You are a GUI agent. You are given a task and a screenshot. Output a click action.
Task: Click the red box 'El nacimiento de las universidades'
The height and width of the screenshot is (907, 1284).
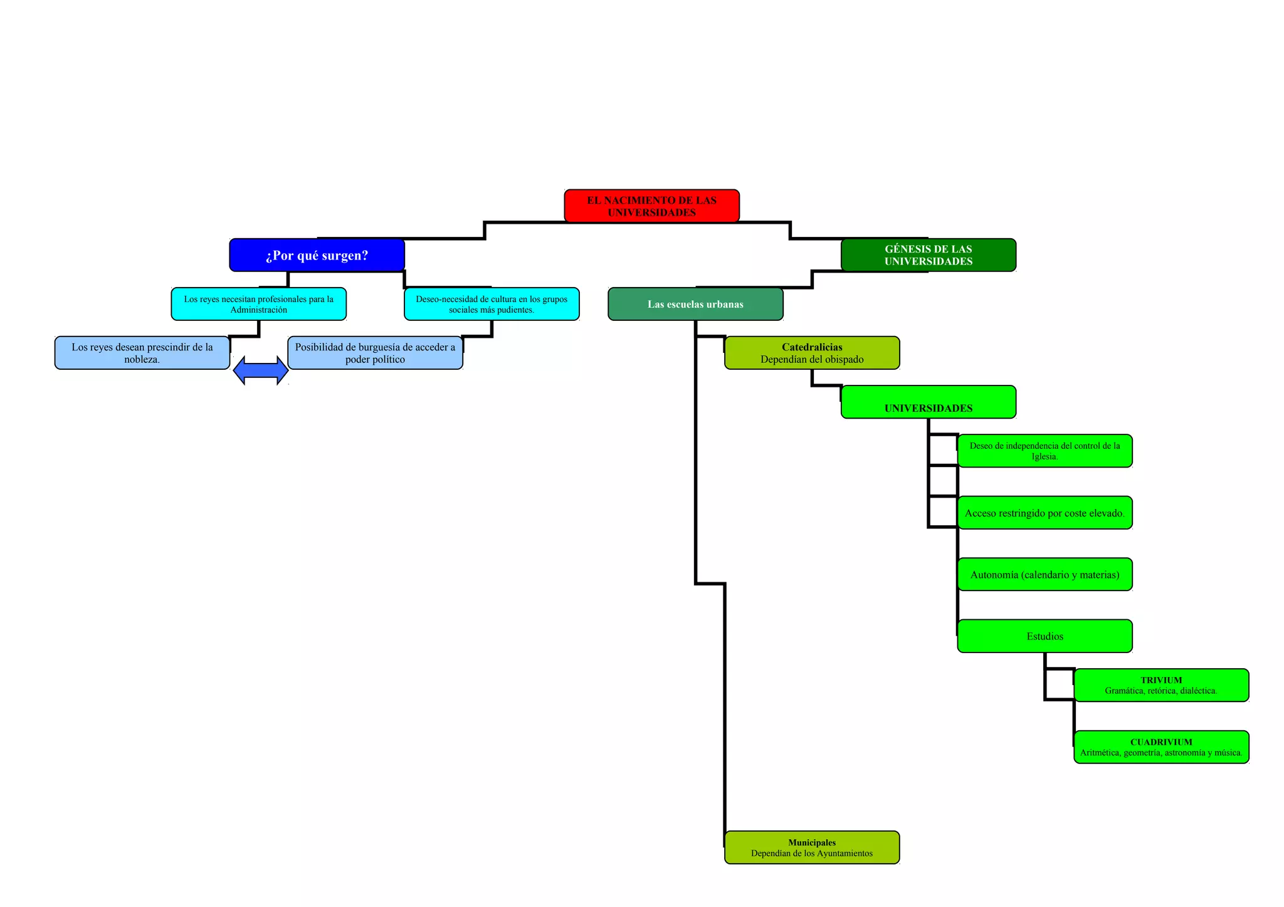651,206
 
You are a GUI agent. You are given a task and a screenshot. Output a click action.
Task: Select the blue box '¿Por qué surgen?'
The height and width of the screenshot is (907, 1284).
317,255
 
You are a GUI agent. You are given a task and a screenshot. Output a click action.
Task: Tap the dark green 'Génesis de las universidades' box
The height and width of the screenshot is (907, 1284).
928,255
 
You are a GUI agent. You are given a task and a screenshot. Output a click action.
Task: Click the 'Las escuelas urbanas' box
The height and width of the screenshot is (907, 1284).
695,304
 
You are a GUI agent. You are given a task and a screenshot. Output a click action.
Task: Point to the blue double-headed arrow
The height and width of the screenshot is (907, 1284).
260,370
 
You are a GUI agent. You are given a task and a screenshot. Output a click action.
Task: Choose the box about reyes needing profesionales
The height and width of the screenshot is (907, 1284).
258,304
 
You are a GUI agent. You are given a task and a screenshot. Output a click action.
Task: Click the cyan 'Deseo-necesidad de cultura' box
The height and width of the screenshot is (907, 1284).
492,304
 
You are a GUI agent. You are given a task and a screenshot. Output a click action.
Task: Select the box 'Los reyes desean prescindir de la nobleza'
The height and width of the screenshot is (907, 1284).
142,353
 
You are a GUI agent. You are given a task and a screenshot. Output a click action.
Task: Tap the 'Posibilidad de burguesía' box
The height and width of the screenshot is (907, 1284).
375,353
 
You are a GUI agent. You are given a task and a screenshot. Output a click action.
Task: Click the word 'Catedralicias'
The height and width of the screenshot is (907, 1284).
812,347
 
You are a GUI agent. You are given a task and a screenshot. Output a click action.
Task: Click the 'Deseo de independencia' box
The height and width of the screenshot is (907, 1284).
1045,451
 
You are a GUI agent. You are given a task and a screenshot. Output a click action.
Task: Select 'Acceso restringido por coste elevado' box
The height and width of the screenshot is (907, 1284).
1045,513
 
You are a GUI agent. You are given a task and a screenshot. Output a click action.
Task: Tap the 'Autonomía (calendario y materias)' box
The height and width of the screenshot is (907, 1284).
1045,574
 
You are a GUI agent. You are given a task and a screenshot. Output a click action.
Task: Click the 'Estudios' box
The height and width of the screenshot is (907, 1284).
1045,636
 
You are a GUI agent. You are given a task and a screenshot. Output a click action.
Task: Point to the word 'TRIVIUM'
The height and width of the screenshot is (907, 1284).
1161,680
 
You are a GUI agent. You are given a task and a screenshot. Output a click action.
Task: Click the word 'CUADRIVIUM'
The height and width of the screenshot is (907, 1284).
1161,742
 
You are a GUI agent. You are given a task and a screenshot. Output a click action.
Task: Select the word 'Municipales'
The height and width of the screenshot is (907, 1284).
812,842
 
